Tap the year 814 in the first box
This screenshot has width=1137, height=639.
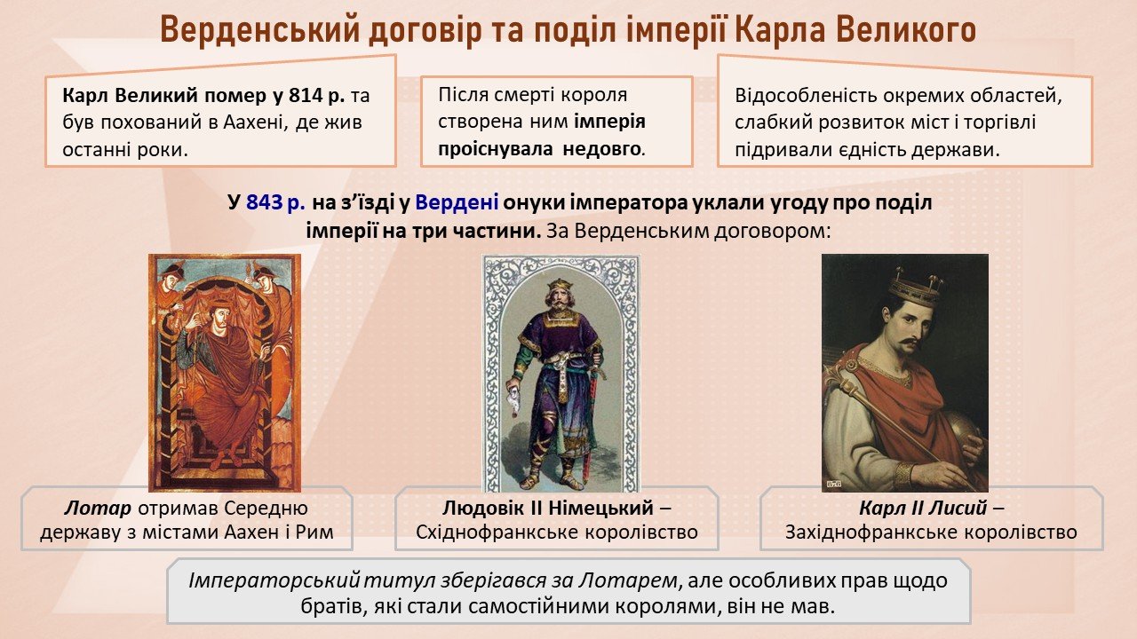point(306,95)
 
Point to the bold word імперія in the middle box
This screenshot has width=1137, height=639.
point(610,122)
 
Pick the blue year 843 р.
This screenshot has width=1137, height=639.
point(276,203)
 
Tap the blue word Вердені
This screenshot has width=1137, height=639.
point(457,203)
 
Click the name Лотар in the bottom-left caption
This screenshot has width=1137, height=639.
point(98,508)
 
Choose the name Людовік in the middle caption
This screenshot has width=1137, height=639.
point(482,508)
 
